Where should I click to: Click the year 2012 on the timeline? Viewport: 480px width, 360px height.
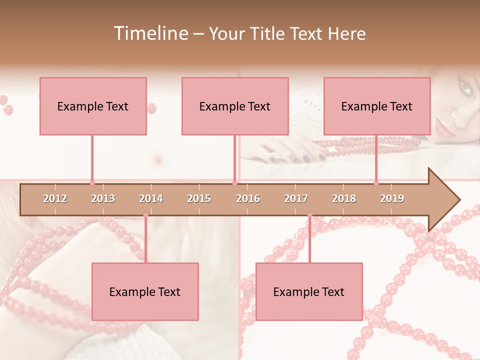coord(55,198)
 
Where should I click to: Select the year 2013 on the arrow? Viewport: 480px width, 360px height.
coord(103,198)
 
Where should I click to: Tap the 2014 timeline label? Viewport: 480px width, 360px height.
coord(151,198)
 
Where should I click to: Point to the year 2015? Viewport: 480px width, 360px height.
coord(199,198)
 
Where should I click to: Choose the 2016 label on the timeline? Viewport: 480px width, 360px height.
coord(248,198)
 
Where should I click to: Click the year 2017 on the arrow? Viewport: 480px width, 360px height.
coord(296,198)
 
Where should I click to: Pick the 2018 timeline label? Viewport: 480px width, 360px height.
coord(344,198)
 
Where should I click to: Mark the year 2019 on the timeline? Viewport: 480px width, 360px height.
coord(392,198)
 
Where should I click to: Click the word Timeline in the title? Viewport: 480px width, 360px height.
coord(150,33)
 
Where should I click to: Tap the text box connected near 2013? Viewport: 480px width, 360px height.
coord(93,106)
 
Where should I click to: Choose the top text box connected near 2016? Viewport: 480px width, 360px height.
coord(235,106)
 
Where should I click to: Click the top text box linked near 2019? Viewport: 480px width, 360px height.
coord(377,106)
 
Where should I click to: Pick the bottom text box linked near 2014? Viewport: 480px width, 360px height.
coord(145,291)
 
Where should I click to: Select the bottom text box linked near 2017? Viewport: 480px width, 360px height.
coord(309,291)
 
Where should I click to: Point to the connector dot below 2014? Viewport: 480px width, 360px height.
coord(146,215)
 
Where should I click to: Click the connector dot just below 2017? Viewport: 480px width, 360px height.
coord(309,215)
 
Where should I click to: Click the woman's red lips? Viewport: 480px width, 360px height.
coord(442,129)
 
